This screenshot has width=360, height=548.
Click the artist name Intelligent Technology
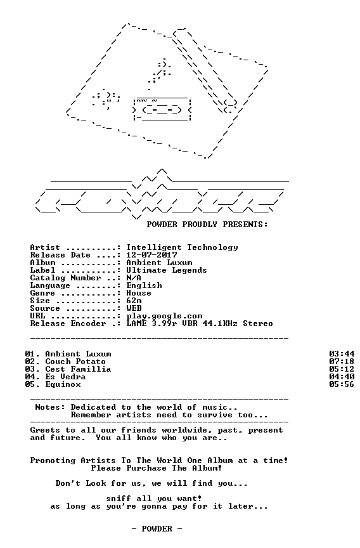pyautogui.click(x=183, y=248)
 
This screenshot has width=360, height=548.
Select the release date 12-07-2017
pyautogui.click(x=152, y=255)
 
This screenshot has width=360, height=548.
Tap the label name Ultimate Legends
pyautogui.click(x=167, y=270)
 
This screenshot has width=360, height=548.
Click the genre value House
pyautogui.click(x=139, y=293)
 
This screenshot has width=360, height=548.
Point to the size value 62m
pyautogui.click(x=134, y=301)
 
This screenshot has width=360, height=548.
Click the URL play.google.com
pyautogui.click(x=164, y=316)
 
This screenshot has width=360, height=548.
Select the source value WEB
pyautogui.click(x=134, y=309)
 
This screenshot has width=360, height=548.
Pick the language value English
pyautogui.click(x=145, y=286)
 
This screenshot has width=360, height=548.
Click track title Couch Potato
pyautogui.click(x=75, y=362)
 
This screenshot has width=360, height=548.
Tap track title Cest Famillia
pyautogui.click(x=78, y=369)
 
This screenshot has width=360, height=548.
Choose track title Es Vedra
pyautogui.click(x=65, y=377)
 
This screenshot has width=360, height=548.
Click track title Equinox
pyautogui.click(x=63, y=385)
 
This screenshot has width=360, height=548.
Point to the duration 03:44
pyautogui.click(x=342, y=354)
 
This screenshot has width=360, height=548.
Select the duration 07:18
pyautogui.click(x=342, y=362)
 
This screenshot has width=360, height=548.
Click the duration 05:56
pyautogui.click(x=342, y=385)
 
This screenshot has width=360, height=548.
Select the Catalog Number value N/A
pyautogui.click(x=134, y=278)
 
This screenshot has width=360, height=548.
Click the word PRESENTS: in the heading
pyautogui.click(x=245, y=225)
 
